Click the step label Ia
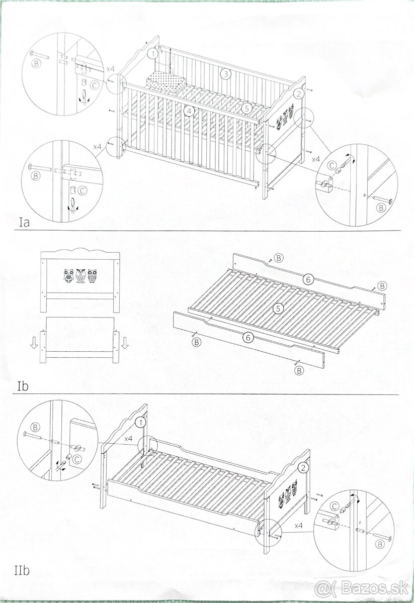pyautogui.click(x=25, y=223)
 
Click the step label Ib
pyautogui.click(x=23, y=386)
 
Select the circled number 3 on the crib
pyautogui.click(x=225, y=74)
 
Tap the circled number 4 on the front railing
pyautogui.click(x=190, y=111)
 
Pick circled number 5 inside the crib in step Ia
pyautogui.click(x=246, y=109)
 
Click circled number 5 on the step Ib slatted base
pyautogui.click(x=278, y=309)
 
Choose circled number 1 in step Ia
pyautogui.click(x=153, y=54)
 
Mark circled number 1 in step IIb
pyautogui.click(x=141, y=423)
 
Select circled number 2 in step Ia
pyautogui.click(x=298, y=94)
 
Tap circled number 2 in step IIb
pyautogui.click(x=303, y=468)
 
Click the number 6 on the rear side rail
pyautogui.click(x=308, y=279)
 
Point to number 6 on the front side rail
pyautogui.click(x=248, y=337)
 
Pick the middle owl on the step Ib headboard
pyautogui.click(x=80, y=276)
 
